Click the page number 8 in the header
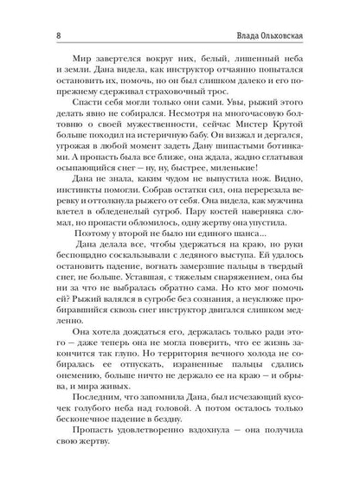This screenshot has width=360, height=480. point(33,11)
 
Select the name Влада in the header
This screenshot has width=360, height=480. point(255,11)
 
